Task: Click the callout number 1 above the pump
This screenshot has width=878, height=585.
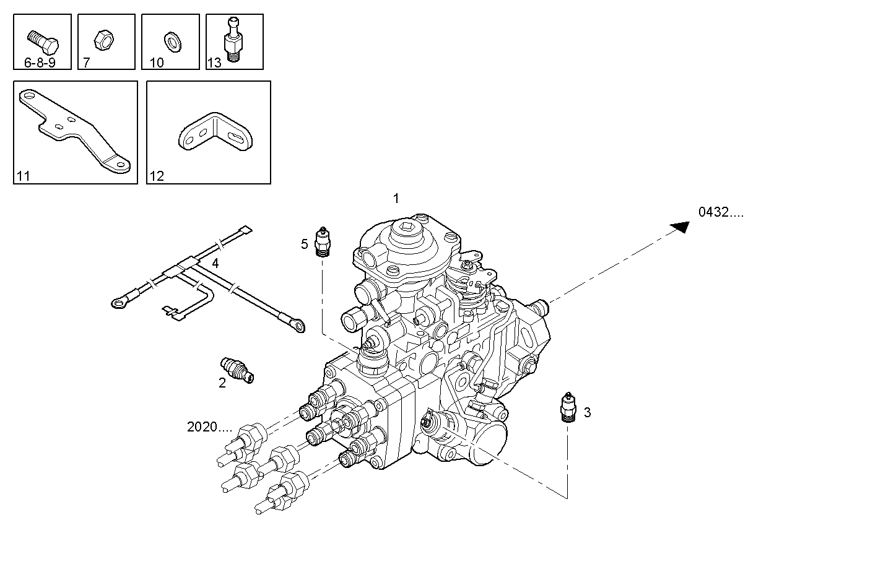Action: coord(396,199)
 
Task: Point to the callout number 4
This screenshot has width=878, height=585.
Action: coord(215,264)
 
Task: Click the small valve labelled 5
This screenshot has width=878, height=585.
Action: coord(322,242)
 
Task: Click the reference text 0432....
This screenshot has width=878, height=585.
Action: coord(721,212)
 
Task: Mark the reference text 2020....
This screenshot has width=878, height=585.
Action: coord(209,427)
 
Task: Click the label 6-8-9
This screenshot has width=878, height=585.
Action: coord(40,63)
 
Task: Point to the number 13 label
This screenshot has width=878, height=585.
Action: coord(214,63)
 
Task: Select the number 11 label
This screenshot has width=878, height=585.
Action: coord(24,177)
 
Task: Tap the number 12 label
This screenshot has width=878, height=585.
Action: coord(157,177)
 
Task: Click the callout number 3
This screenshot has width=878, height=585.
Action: coord(587,412)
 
